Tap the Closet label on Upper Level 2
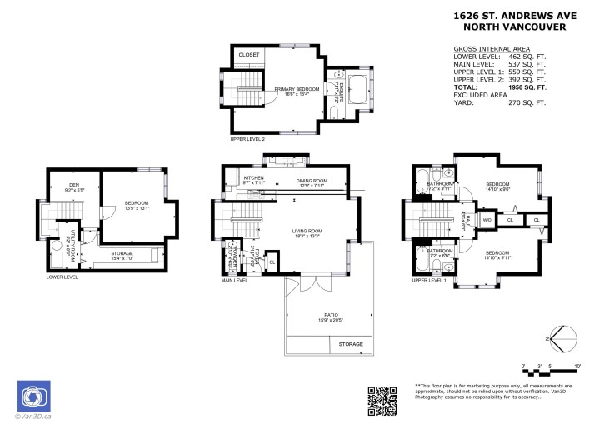(249, 55)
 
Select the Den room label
(74, 186)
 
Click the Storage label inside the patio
(351, 344)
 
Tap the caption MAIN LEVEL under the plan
(234, 280)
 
